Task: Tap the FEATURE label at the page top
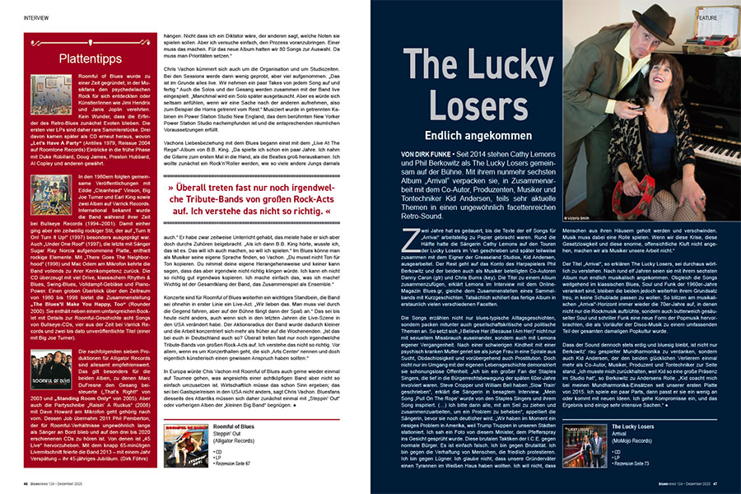(706, 15)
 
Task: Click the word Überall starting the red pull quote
(189, 188)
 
